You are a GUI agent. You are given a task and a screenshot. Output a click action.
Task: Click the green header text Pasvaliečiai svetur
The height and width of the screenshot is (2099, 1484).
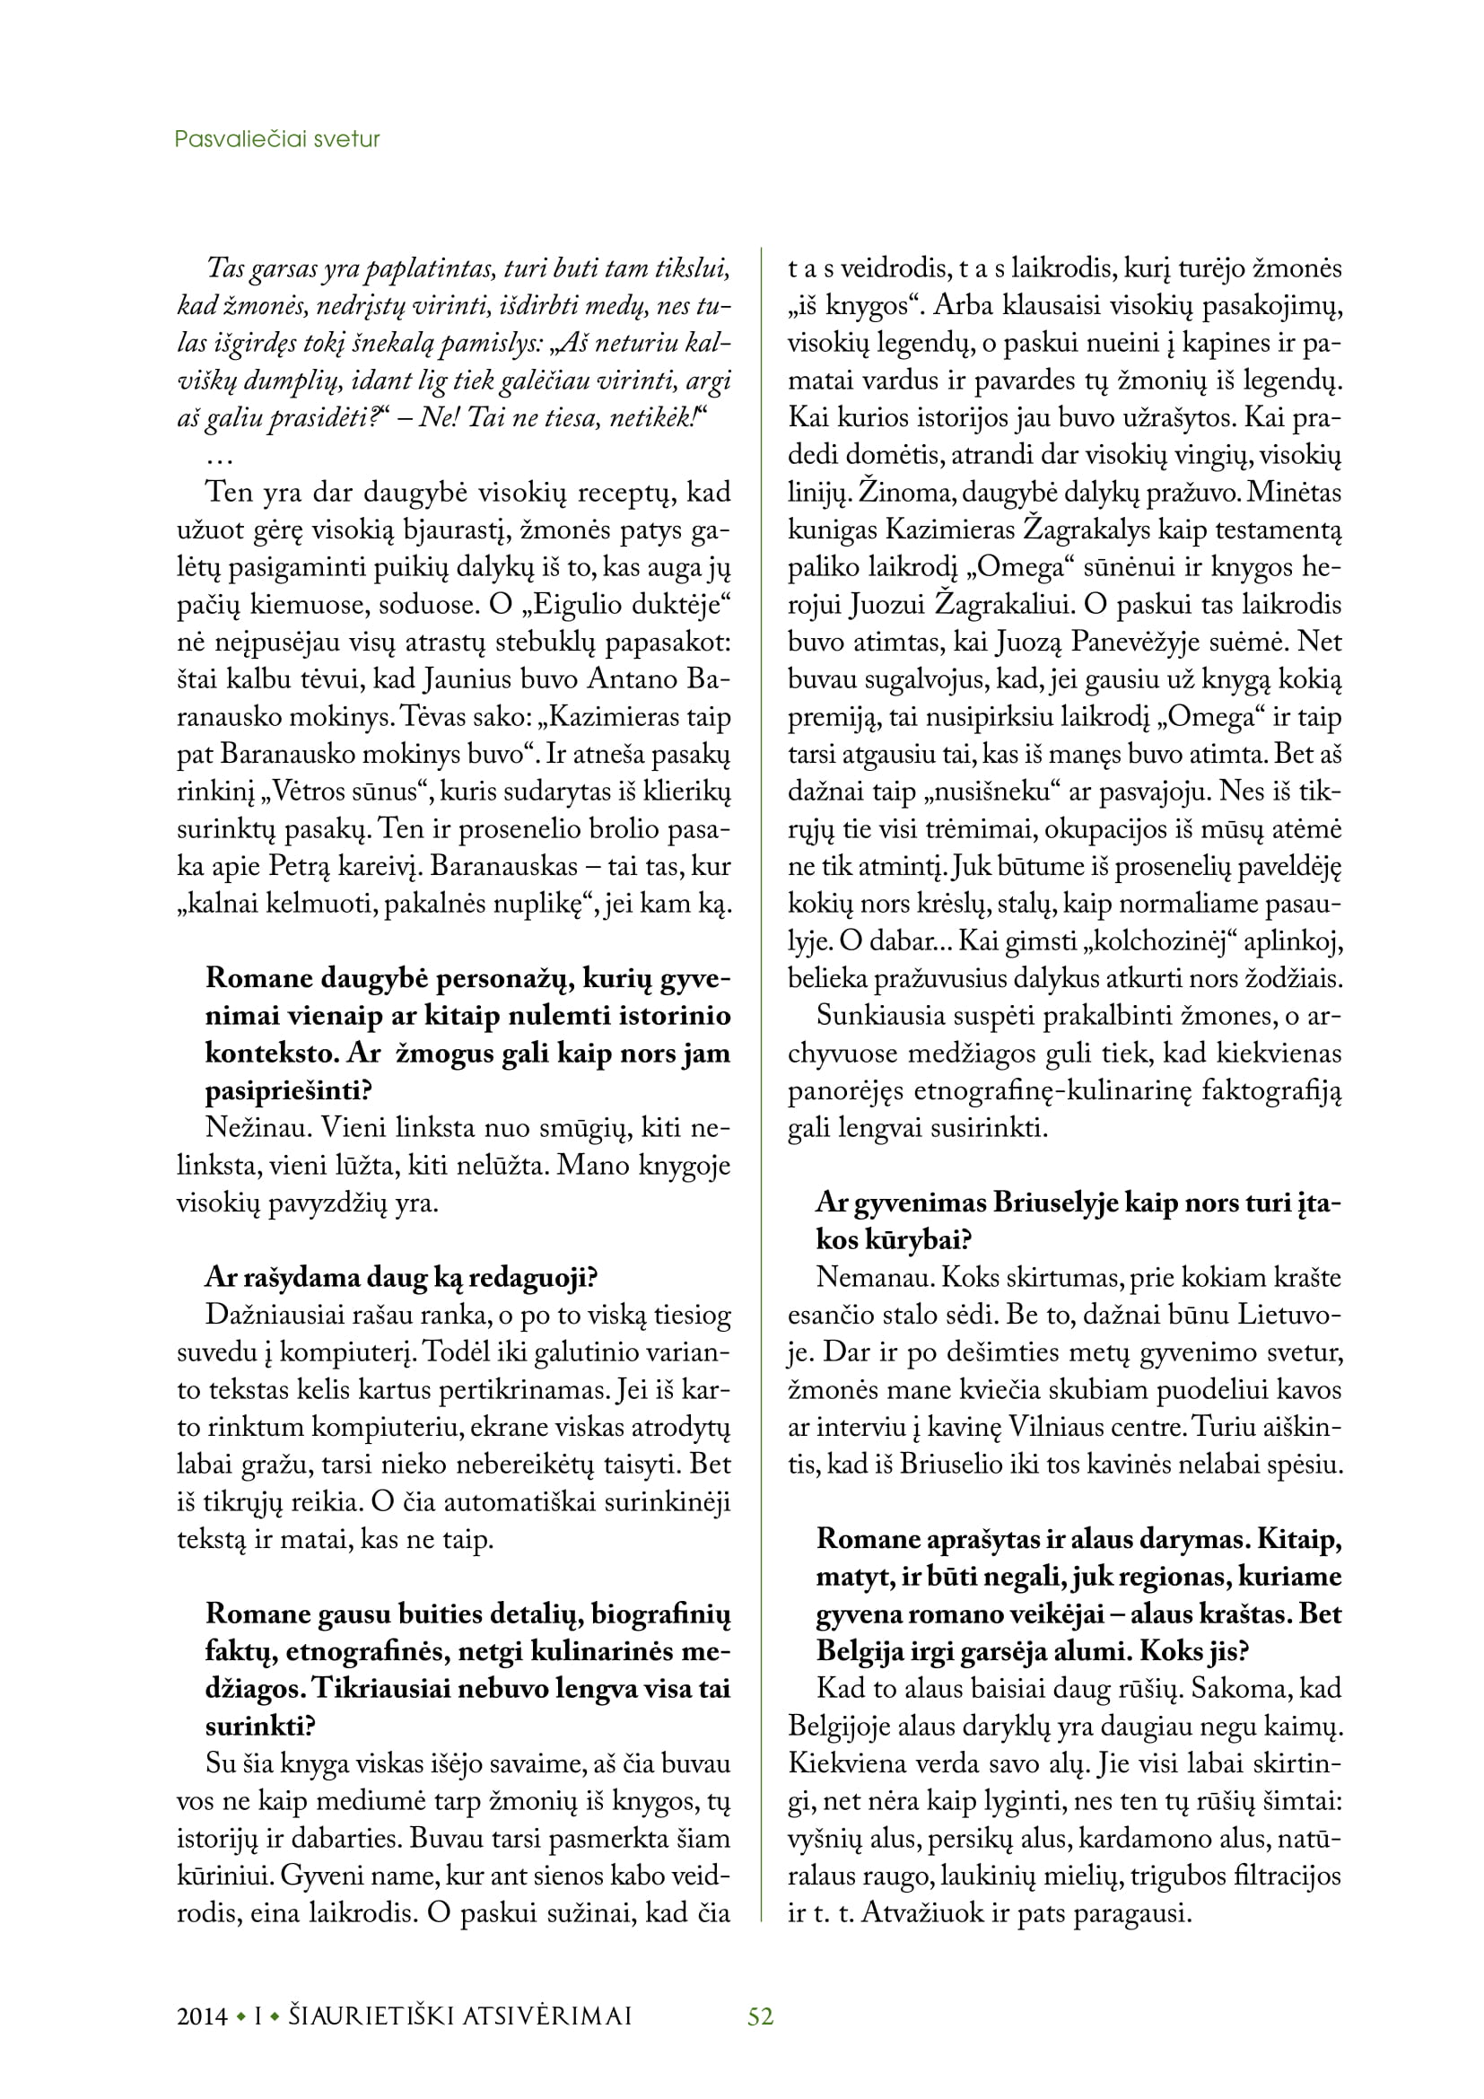tap(277, 140)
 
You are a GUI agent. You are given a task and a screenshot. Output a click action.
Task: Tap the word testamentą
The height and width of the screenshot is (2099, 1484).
tap(1279, 530)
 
